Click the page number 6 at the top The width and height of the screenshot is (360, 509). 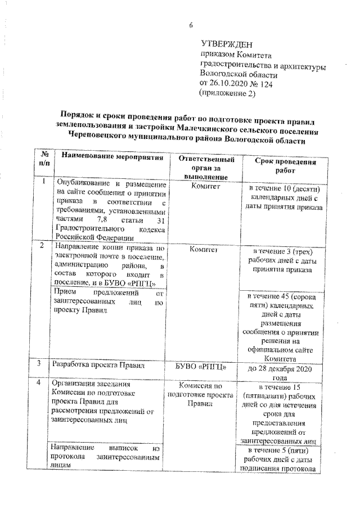click(190, 24)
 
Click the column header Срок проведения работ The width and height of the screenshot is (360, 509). click(281, 165)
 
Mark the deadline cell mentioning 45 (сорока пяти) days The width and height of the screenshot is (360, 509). click(281, 324)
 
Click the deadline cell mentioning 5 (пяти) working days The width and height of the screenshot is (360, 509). click(281, 462)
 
